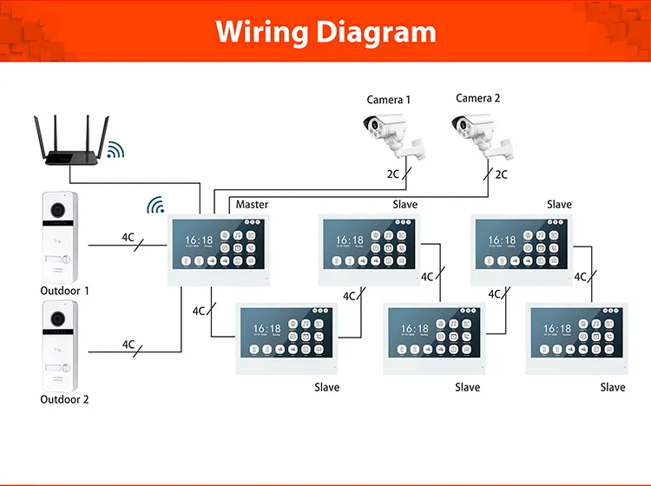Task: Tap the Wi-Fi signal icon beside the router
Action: tap(115, 150)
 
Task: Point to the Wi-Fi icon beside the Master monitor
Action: tap(155, 206)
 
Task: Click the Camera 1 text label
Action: tap(389, 100)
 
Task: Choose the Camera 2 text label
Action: tap(478, 98)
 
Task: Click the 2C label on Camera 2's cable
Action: tap(501, 174)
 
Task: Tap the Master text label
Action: tap(252, 205)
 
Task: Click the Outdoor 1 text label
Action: tap(64, 291)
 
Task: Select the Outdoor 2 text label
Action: tap(64, 399)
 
